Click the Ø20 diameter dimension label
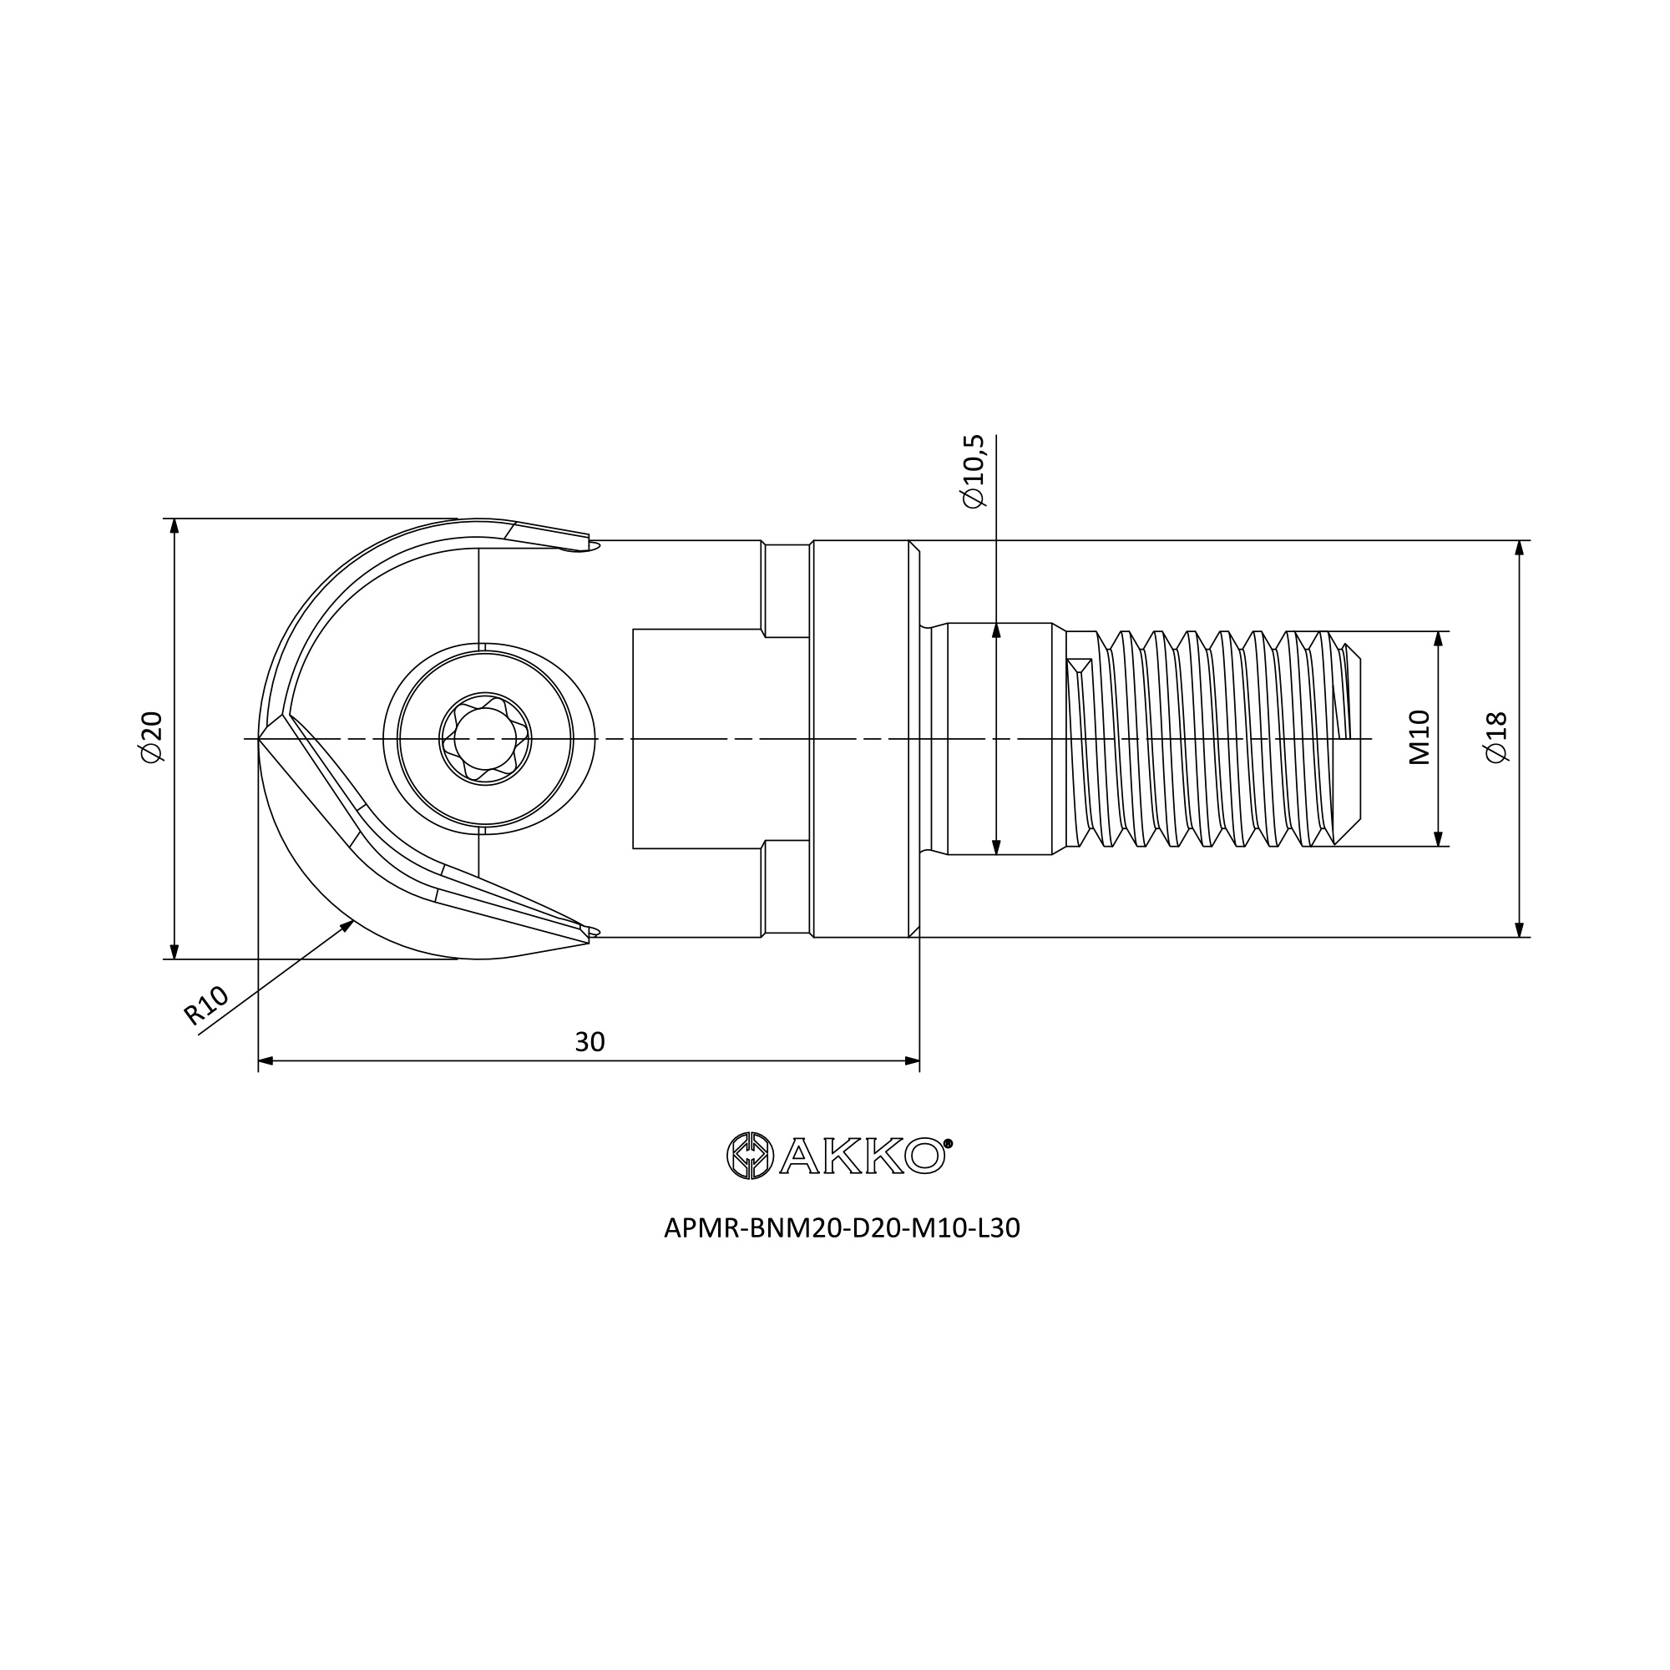pyautogui.click(x=151, y=737)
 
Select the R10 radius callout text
pyautogui.click(x=206, y=1006)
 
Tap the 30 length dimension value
pyautogui.click(x=590, y=1042)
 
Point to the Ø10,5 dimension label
pyautogui.click(x=973, y=471)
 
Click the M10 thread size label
pyautogui.click(x=1419, y=737)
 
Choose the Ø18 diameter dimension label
pyautogui.click(x=1496, y=737)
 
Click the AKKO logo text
pyautogui.click(x=862, y=1156)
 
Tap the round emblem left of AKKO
pyautogui.click(x=748, y=1156)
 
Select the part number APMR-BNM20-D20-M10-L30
pyautogui.click(x=842, y=1228)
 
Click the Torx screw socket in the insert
pyautogui.click(x=485, y=738)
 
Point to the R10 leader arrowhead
pyautogui.click(x=347, y=926)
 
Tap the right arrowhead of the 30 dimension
pyautogui.click(x=911, y=1060)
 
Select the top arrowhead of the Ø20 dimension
pyautogui.click(x=175, y=526)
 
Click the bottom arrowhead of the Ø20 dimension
pyautogui.click(x=175, y=951)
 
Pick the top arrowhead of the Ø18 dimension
pyautogui.click(x=1520, y=548)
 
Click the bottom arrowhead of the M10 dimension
pyautogui.click(x=1439, y=838)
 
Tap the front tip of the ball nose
pyautogui.click(x=260, y=739)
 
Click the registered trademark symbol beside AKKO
pyautogui.click(x=949, y=1143)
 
